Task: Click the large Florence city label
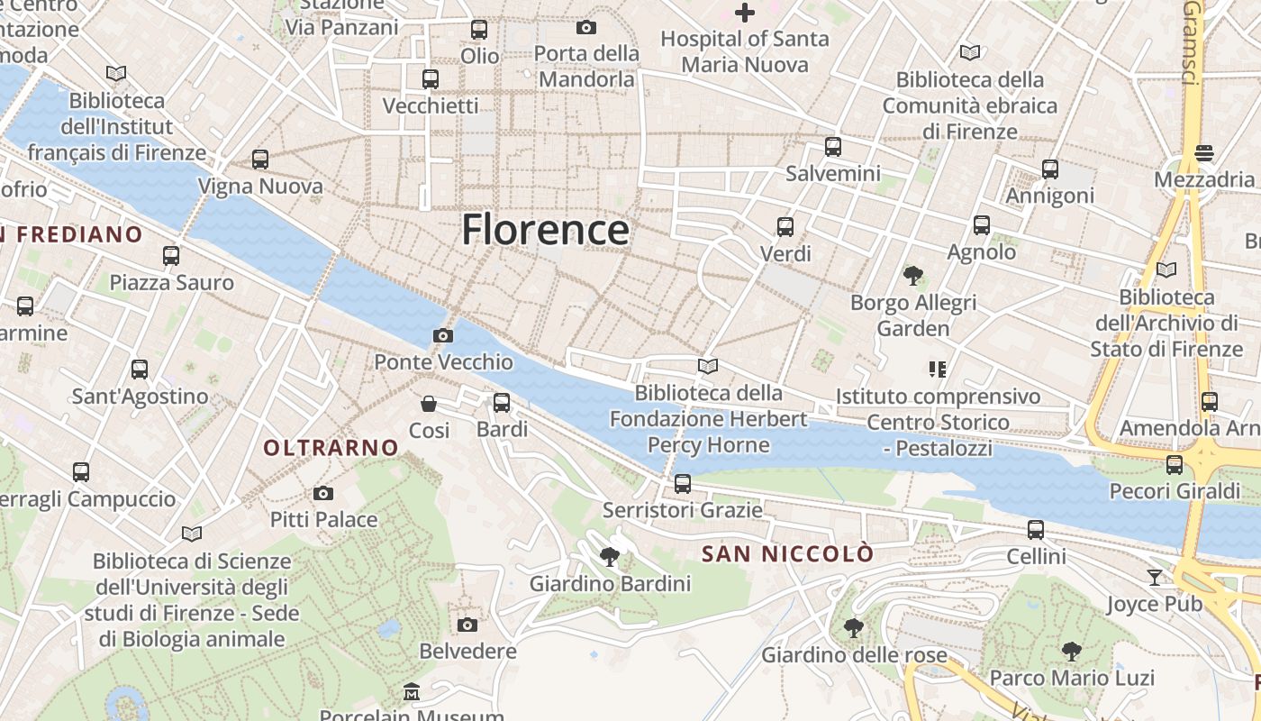[545, 230]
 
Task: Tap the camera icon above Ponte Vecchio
[442, 336]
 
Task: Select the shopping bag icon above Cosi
[429, 403]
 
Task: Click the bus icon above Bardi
[502, 402]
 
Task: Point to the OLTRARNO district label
[331, 447]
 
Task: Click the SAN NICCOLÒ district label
[787, 553]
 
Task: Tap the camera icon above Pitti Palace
[323, 493]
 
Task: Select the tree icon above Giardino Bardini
[610, 556]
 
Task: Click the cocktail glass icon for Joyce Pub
[1155, 577]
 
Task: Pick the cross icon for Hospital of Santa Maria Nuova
[744, 13]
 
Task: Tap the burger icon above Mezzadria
[1204, 153]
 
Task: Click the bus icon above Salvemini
[833, 146]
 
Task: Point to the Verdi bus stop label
[785, 254]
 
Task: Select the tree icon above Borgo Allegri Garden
[912, 275]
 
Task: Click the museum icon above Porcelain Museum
[412, 692]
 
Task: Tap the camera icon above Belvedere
[467, 625]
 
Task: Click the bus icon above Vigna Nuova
[260, 160]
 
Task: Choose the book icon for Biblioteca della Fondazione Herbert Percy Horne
[708, 366]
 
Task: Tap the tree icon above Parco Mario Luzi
[1071, 651]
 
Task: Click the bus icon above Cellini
[1036, 530]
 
